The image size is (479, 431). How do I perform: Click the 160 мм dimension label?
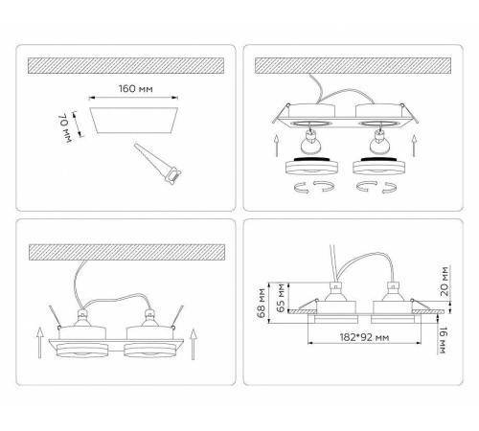(136, 88)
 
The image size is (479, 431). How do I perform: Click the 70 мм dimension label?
(65, 127)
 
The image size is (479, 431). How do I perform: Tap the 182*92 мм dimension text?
(364, 337)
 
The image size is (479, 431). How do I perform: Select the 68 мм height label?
(262, 303)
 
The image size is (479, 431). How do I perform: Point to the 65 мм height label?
(281, 298)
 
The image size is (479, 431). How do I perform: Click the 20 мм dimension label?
(445, 282)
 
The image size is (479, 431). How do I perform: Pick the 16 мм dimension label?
(443, 341)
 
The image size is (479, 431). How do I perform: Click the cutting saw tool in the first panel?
(157, 164)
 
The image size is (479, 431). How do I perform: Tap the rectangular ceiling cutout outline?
(134, 120)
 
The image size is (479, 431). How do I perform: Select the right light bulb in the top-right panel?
(379, 142)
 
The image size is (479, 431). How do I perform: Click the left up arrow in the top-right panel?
(277, 146)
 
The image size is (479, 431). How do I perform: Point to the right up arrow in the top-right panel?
(414, 146)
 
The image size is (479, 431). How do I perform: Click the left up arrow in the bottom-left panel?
(39, 342)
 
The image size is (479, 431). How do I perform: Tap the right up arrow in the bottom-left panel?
(194, 344)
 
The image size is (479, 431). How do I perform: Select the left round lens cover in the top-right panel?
(312, 166)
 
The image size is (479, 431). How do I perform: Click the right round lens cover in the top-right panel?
(379, 166)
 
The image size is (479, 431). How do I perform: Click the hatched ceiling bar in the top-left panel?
(125, 66)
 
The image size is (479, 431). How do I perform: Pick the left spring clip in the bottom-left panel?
(55, 317)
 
